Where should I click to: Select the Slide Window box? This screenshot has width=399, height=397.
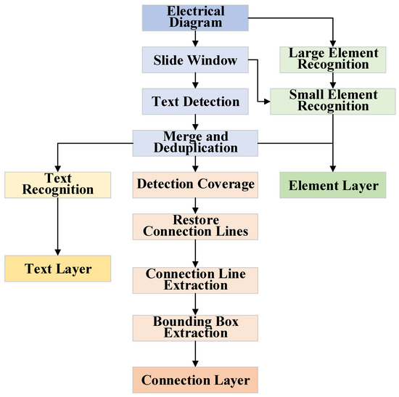tap(195, 60)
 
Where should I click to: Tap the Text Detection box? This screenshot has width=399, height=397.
tap(195, 102)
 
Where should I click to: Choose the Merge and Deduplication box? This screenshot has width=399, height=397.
tap(195, 142)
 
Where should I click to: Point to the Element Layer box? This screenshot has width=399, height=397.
tap(333, 185)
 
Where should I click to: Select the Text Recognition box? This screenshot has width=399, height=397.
tap(57, 184)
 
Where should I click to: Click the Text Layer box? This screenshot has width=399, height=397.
tap(57, 269)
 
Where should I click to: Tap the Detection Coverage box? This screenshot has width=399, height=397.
tap(195, 184)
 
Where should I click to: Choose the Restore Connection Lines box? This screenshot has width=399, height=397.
tap(195, 226)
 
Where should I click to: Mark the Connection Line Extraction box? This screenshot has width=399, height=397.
tap(195, 280)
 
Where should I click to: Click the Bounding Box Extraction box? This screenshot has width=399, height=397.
tap(195, 328)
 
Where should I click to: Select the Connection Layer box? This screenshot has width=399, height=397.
tap(195, 380)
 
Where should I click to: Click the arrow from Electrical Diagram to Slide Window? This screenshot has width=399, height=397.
tap(195, 41)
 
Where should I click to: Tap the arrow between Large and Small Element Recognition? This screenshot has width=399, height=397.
tap(333, 81)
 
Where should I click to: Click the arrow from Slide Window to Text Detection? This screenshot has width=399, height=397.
tap(195, 81)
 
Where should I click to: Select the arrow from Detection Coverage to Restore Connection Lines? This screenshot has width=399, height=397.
tap(195, 205)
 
